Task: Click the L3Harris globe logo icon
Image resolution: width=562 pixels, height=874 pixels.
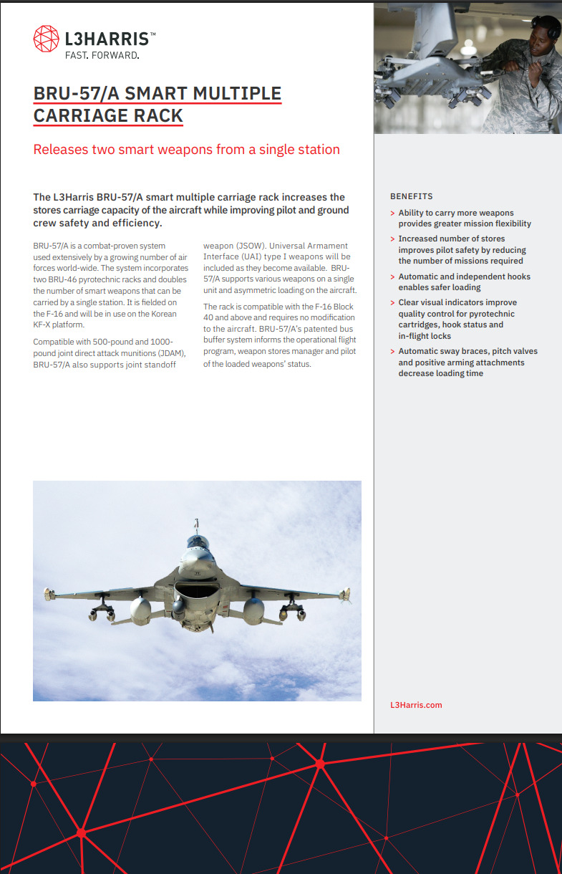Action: pyautogui.click(x=47, y=38)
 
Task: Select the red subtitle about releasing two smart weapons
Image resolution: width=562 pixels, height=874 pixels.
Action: pyautogui.click(x=186, y=150)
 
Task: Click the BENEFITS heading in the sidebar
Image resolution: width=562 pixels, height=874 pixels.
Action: pyautogui.click(x=411, y=196)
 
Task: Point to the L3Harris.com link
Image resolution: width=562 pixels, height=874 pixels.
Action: pyautogui.click(x=416, y=705)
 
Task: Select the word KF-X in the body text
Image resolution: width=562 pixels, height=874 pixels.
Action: pyautogui.click(x=44, y=325)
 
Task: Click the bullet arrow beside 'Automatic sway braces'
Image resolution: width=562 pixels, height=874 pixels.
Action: pyautogui.click(x=392, y=352)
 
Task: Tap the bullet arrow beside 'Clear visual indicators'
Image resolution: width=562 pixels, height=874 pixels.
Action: pyautogui.click(x=392, y=303)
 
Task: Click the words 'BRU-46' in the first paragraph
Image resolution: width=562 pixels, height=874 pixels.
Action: pyautogui.click(x=67, y=280)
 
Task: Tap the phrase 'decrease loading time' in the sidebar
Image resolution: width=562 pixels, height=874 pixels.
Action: pyautogui.click(x=440, y=374)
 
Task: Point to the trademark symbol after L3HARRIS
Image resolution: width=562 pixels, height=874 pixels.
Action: pyautogui.click(x=152, y=34)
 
